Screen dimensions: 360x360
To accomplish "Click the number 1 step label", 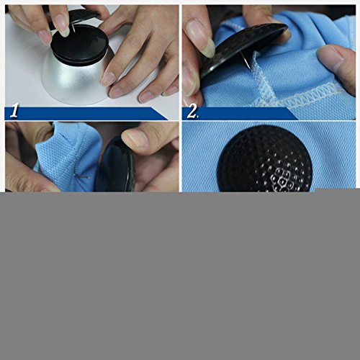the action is (x=14, y=111).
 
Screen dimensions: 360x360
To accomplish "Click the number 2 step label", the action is (x=192, y=112).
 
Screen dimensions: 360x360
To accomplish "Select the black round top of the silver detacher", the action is (x=80, y=45).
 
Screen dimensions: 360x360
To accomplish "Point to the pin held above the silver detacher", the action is (x=73, y=29).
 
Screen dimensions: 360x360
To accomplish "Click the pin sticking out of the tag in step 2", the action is (x=246, y=60).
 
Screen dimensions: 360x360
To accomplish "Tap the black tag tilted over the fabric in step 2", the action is (x=243, y=48).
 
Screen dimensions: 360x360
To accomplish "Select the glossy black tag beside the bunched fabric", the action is (x=115, y=166).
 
